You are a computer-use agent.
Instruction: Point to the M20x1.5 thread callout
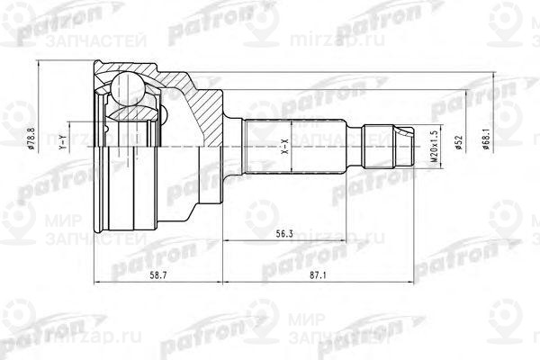click(x=434, y=143)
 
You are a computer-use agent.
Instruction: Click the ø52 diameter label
click(x=458, y=144)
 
